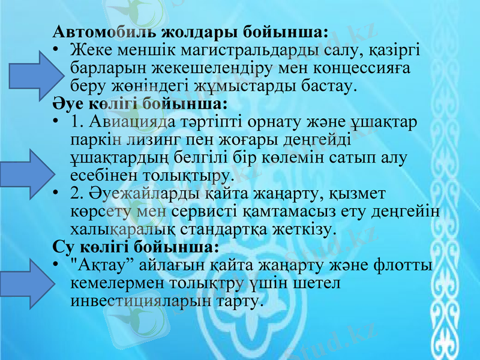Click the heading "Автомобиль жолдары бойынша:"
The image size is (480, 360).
[190, 31]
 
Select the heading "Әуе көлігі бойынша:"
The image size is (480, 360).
[140, 103]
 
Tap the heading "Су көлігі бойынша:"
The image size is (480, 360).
[136, 247]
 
